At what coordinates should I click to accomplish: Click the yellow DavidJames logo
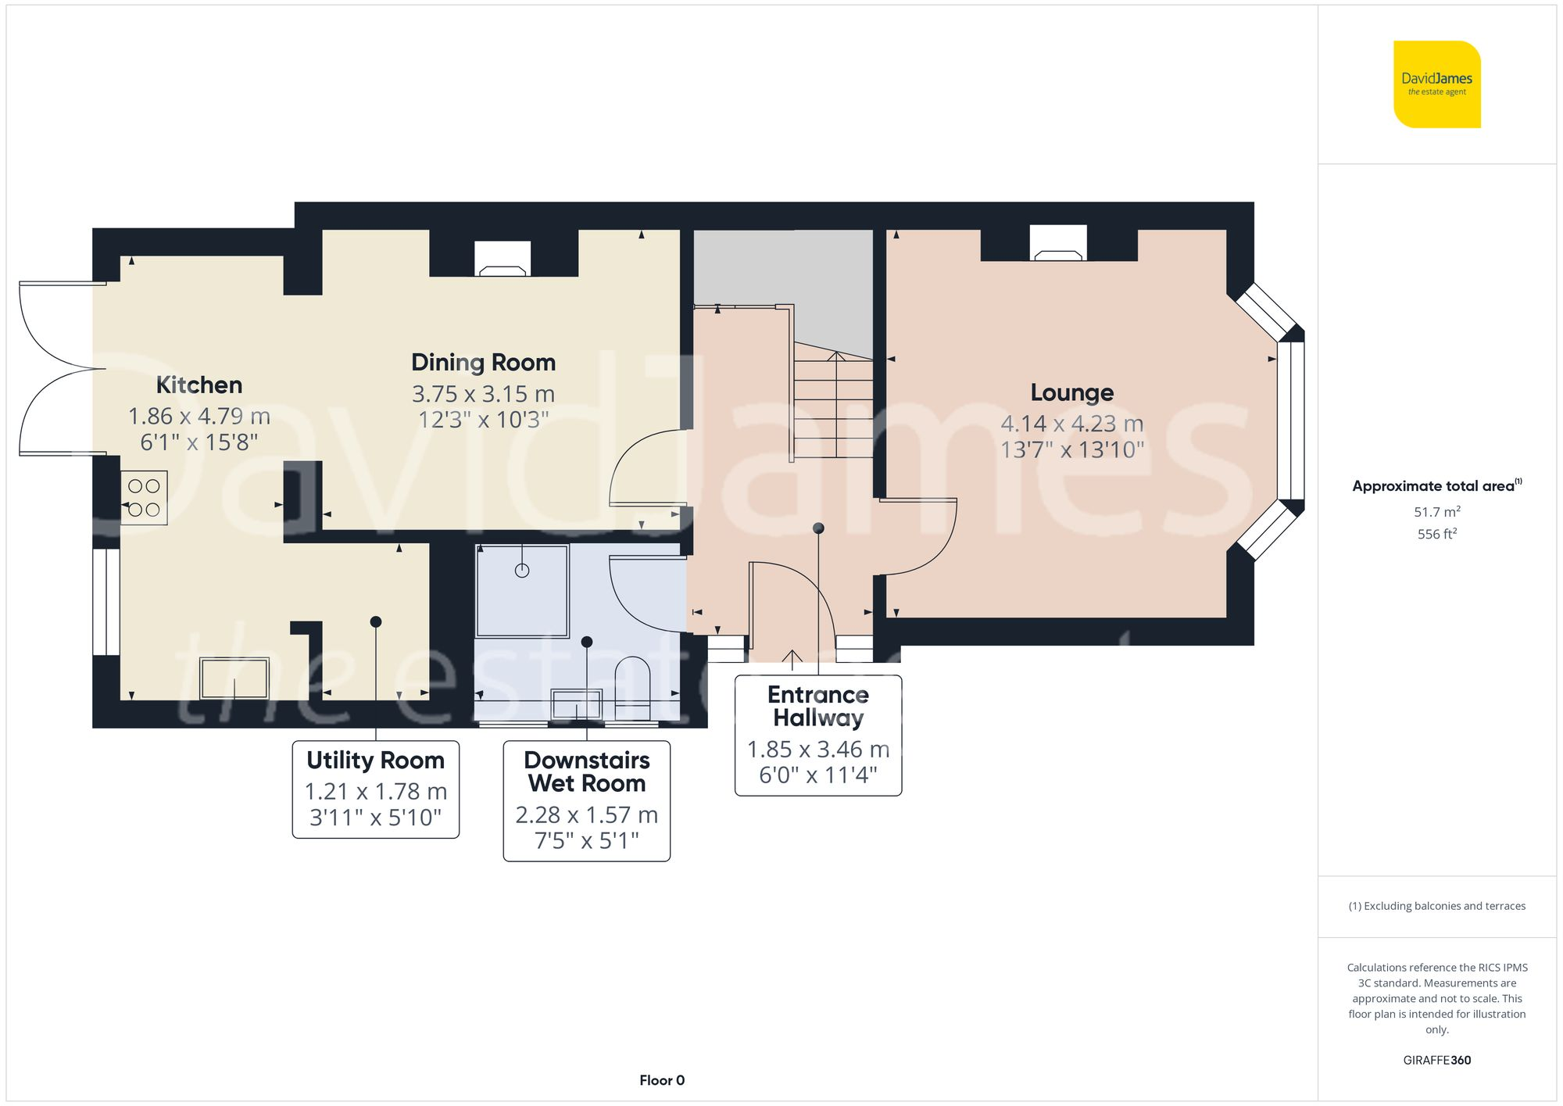(1436, 84)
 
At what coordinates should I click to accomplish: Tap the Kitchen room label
(199, 385)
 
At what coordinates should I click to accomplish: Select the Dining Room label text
(483, 363)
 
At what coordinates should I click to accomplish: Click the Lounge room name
(1071, 392)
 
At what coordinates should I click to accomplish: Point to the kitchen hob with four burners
(144, 498)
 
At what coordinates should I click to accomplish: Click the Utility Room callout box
(375, 789)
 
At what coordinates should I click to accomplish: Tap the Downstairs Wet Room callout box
(586, 801)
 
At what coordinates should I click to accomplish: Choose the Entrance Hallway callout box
(818, 736)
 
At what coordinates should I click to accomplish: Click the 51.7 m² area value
(1436, 512)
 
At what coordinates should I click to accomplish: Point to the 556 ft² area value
(1436, 534)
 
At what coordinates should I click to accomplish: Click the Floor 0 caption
(661, 1080)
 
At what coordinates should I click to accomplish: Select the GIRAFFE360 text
(1436, 1061)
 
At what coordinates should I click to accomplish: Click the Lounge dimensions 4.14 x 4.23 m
(1071, 424)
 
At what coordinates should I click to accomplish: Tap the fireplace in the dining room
(503, 260)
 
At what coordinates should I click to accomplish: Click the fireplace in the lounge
(1057, 244)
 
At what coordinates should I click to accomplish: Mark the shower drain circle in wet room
(522, 571)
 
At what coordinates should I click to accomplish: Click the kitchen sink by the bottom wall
(234, 678)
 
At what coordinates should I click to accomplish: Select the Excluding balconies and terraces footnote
(1436, 906)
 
